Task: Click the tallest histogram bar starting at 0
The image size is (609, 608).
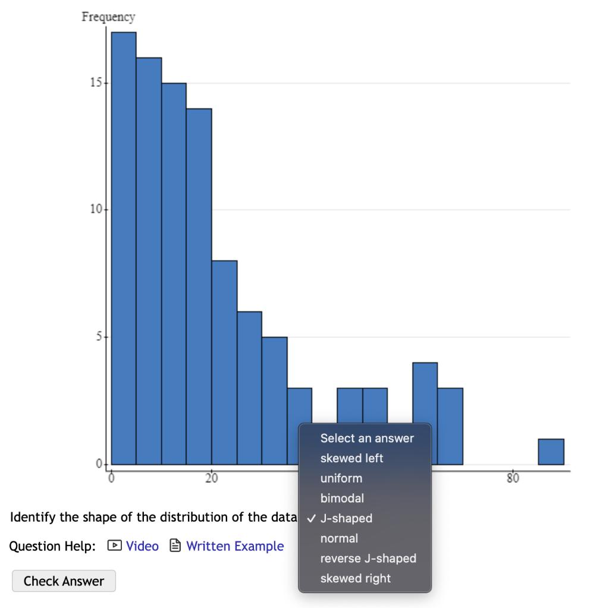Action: coord(124,248)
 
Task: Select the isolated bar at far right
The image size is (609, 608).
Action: coord(551,452)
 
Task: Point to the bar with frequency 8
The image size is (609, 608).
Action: coord(224,362)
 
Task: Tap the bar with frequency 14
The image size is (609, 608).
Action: coord(199,286)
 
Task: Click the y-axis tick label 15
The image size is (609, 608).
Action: coord(96,83)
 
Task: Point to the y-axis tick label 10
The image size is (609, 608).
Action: coord(96,209)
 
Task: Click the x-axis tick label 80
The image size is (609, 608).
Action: coord(513,478)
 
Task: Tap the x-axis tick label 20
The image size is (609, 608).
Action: coord(212,478)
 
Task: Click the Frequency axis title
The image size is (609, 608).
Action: coord(108,17)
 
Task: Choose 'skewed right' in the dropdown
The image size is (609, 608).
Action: coord(356,578)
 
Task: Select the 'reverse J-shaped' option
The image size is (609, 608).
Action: coord(368,558)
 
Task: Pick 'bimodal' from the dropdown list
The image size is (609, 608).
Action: coord(342,498)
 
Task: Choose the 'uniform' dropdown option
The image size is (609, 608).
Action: coord(341,478)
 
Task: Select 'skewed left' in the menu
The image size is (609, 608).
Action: coord(351,458)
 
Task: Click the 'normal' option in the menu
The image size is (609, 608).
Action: coord(339,538)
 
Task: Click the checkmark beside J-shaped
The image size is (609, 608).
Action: coord(311,518)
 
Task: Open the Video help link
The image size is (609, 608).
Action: coord(142,546)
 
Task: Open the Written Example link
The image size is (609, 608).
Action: coord(235,546)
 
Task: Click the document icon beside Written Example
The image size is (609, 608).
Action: coord(175,546)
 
